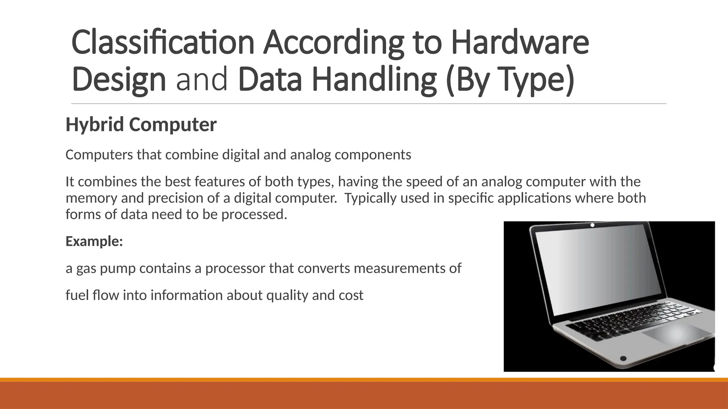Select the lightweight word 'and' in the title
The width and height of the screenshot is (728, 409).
(x=202, y=80)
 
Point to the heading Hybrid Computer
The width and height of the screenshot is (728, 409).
(x=141, y=125)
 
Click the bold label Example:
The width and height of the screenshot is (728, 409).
(x=94, y=241)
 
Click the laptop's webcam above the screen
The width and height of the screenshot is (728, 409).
(x=592, y=225)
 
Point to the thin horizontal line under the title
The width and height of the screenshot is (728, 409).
(x=369, y=104)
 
